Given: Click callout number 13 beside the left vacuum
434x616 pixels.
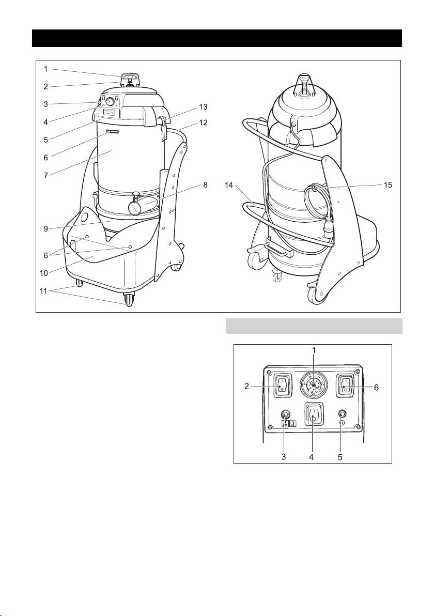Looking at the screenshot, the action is coord(203,107).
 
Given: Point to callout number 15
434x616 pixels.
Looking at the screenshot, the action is coord(387,184).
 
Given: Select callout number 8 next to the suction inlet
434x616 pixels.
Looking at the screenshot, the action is coord(205,184).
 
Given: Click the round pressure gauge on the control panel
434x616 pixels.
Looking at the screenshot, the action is coord(314,386).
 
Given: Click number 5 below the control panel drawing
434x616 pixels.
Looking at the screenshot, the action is coord(340,457).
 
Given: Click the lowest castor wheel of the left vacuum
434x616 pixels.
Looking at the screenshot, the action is coord(128,300).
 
